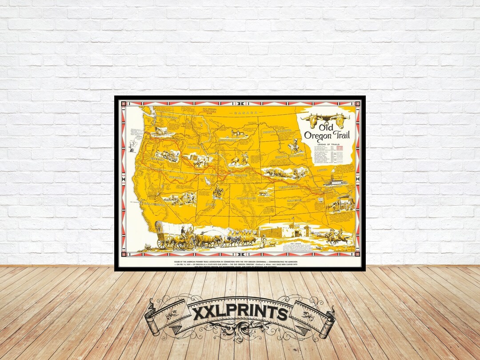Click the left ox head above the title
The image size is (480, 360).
(309, 119)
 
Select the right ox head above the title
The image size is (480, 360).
(340, 119)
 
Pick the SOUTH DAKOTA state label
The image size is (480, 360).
(289, 157)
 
